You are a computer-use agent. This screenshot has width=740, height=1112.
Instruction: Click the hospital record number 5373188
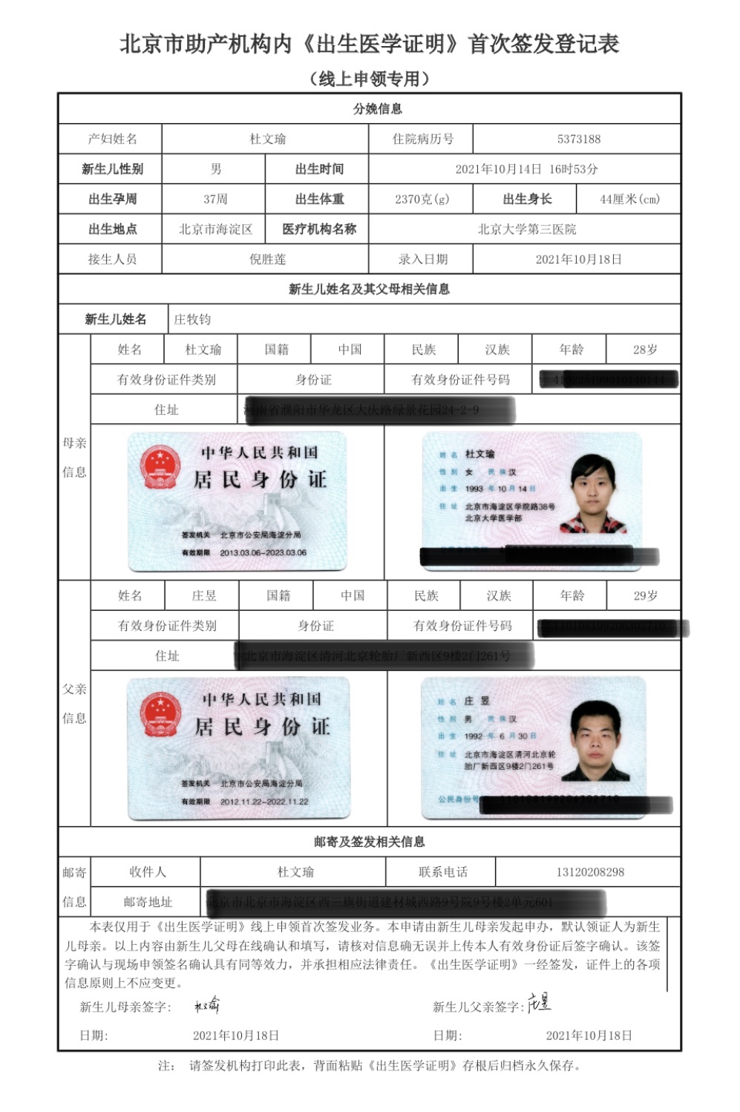[578, 139]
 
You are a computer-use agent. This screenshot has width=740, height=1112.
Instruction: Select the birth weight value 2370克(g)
[422, 199]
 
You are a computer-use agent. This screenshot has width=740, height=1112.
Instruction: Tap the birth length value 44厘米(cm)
[629, 199]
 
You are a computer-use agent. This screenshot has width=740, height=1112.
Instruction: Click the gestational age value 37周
[215, 199]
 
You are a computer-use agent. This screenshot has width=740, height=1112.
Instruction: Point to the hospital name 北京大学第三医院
[526, 229]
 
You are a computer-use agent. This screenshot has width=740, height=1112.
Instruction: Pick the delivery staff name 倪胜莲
[267, 259]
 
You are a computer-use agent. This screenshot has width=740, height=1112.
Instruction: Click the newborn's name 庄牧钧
[192, 319]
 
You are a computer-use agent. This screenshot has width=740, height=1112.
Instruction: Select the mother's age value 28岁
[644, 350]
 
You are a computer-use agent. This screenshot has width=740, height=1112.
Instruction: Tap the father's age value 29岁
[645, 595]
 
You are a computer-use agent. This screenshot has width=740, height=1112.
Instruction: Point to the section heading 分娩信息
[377, 108]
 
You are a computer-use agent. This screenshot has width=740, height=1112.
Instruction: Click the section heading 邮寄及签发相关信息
[369, 842]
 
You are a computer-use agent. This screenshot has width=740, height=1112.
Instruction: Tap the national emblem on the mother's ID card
[160, 467]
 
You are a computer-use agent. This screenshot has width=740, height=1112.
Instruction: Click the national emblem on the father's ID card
[161, 714]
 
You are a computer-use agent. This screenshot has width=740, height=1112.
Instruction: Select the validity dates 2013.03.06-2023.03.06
[263, 553]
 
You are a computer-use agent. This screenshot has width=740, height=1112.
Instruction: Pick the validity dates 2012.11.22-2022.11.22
[263, 802]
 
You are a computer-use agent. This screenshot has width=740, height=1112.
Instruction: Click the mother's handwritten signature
[206, 1006]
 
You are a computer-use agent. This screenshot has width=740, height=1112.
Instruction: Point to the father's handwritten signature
[539, 1003]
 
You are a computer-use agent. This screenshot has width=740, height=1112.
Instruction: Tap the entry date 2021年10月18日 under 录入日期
[578, 259]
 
